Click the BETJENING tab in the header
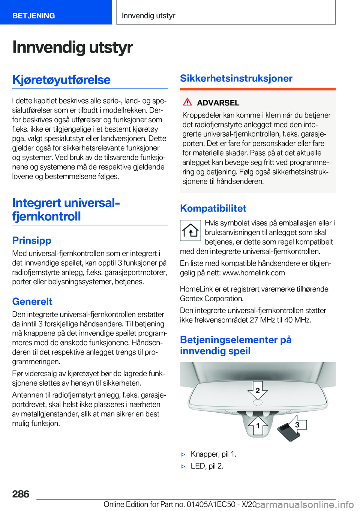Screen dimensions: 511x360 pos(34,16)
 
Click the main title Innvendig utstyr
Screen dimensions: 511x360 pos(72,47)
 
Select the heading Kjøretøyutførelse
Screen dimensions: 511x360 pos(61,80)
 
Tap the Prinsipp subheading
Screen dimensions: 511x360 pos(32,240)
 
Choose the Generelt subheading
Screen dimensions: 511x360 pos(32,301)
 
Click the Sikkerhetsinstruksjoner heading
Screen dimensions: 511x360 pos(236,78)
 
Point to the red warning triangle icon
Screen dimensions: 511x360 pos(187,102)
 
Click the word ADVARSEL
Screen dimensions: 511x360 pos(218,103)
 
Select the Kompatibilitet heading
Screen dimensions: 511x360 pos(213,208)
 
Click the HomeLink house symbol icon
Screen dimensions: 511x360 pos(190,230)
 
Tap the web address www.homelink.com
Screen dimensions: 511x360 pos(253,273)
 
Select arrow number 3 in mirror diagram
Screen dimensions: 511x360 pos(297,425)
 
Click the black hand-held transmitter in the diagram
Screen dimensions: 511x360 pos(288,432)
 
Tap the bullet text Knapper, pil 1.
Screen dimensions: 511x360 pos(213,454)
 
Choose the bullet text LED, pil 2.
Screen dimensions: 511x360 pos(207,466)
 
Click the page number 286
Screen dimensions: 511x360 pos(21,494)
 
